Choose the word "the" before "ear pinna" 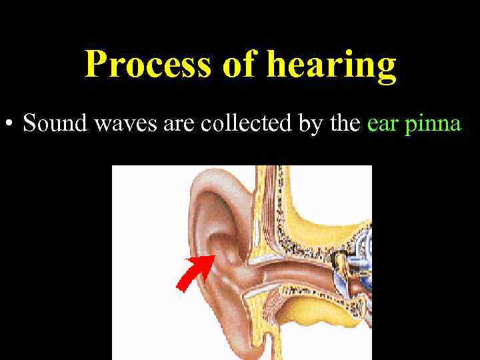344,124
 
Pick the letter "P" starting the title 97,65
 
